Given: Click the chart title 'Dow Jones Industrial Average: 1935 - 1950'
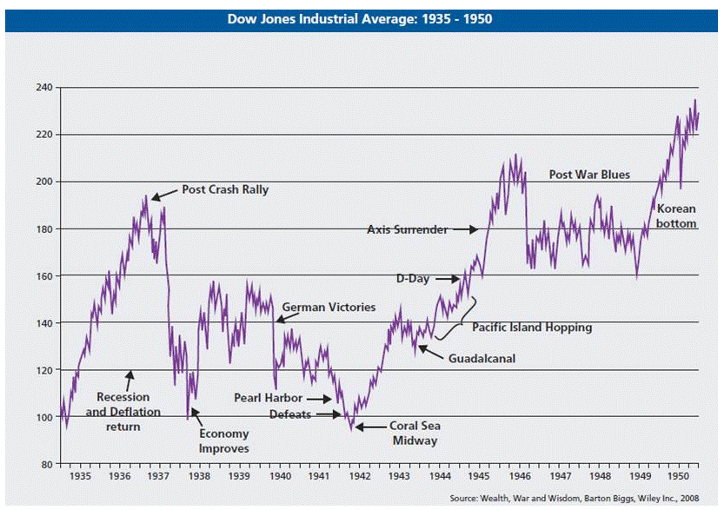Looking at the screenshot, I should [360, 18].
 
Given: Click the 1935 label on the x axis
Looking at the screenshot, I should [80, 477].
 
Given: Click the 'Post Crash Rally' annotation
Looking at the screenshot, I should [224, 189].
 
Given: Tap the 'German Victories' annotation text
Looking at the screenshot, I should [329, 308].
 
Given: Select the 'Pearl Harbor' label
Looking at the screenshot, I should [269, 398].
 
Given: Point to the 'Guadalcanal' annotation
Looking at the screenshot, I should [482, 357].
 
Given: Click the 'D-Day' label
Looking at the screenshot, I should [413, 279].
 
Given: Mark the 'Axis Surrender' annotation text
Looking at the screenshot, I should [408, 229].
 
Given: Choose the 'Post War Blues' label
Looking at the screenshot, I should [589, 175].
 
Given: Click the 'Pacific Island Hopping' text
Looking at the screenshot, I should [532, 328].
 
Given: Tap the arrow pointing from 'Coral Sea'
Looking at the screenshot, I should [370, 427].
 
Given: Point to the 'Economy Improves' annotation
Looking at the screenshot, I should [224, 440].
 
